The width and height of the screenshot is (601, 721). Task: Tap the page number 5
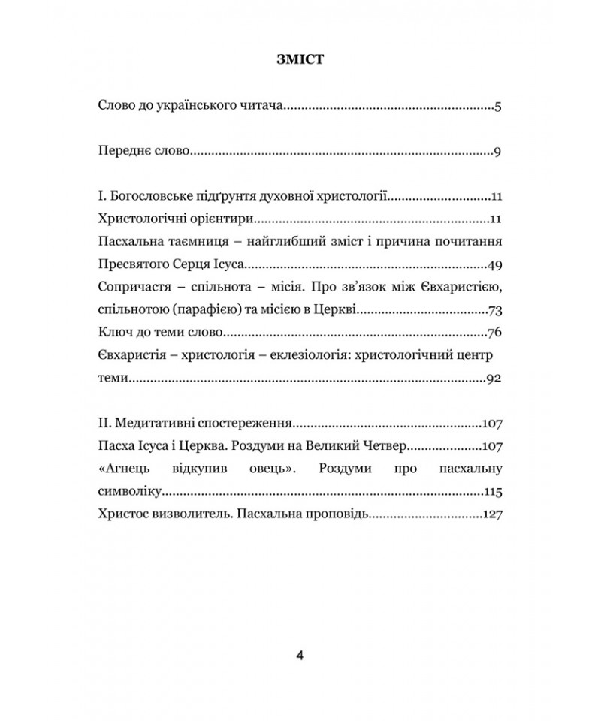[498, 107]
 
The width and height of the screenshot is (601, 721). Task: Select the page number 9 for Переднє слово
[498, 152]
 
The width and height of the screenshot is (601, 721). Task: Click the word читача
[258, 107]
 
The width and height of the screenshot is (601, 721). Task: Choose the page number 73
[494, 310]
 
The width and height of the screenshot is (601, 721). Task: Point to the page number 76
[494, 333]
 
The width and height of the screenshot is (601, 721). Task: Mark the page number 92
[494, 379]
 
